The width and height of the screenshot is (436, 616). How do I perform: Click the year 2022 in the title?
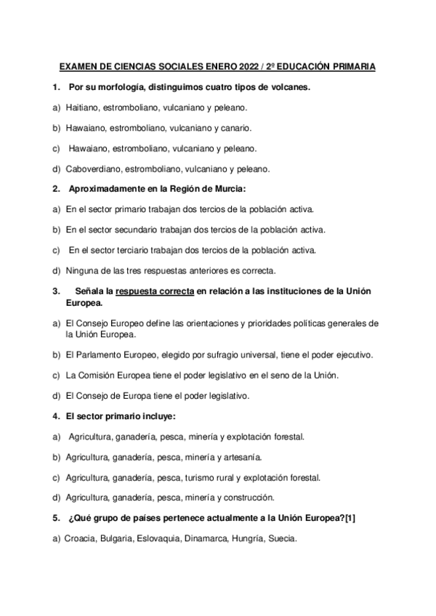[x=249, y=67]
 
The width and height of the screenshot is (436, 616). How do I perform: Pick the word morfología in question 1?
[x=121, y=87]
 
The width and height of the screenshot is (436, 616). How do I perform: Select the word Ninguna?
[x=81, y=270]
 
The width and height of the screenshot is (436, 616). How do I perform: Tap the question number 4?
[x=56, y=416]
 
